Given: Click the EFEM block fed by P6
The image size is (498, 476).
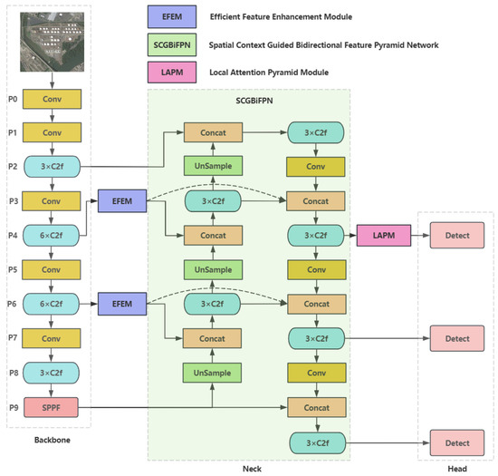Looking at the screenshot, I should (122, 304).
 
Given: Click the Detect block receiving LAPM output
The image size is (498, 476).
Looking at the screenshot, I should (457, 237).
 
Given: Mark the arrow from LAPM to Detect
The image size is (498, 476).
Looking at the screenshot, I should (419, 237).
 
